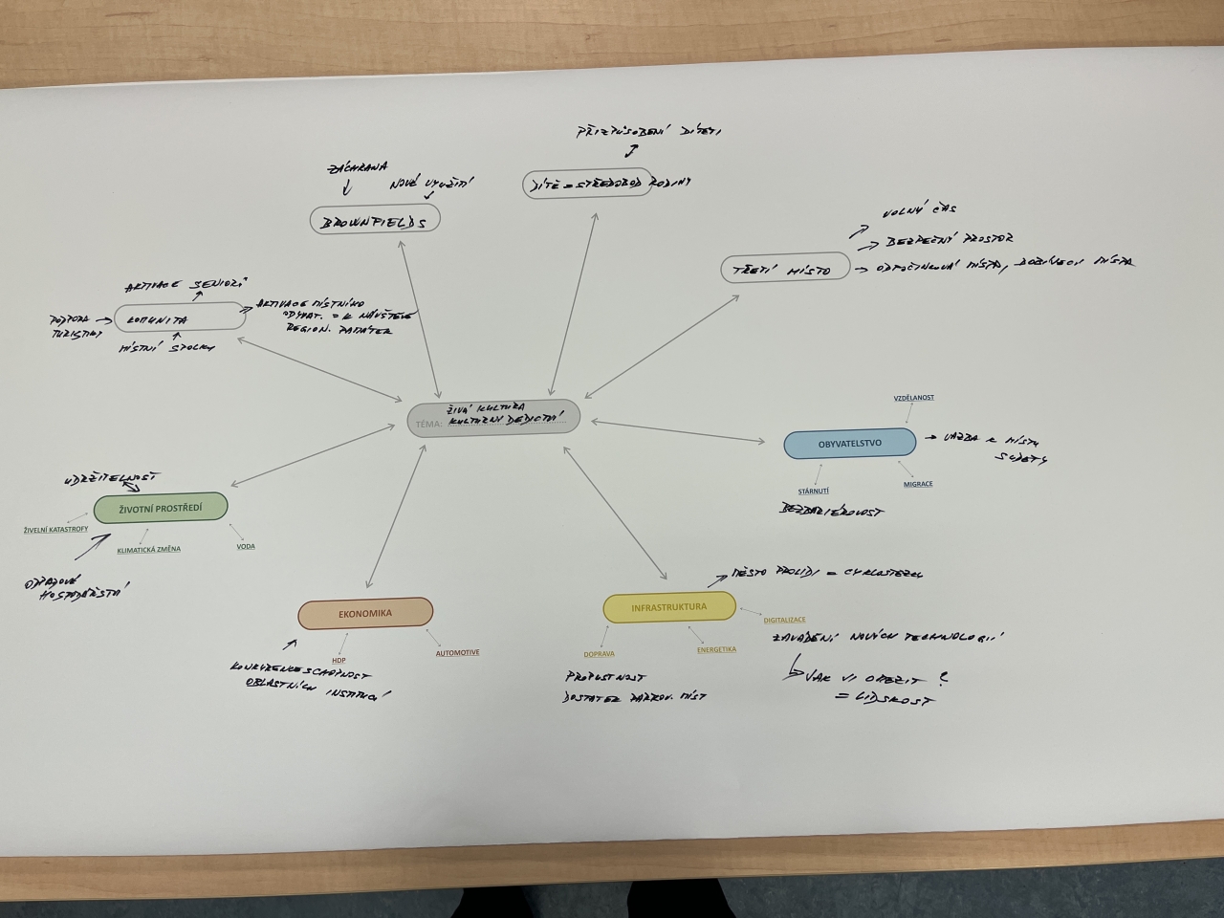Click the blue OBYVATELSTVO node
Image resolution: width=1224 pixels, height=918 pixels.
tap(849, 444)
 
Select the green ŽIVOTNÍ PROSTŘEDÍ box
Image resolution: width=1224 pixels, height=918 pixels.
tap(161, 508)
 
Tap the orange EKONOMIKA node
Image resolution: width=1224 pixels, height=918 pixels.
tap(365, 614)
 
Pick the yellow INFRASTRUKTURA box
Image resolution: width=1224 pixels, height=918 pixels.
tap(669, 607)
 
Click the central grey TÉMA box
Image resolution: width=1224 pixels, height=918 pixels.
tap(493, 419)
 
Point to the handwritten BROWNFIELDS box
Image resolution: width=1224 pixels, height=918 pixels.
tap(375, 221)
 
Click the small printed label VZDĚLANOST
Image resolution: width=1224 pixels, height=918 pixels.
tap(914, 398)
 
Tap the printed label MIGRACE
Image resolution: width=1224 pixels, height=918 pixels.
tap(918, 484)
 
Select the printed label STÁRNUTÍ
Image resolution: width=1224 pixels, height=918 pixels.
tap(814, 491)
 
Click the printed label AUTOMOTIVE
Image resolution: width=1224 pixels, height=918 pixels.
tap(457, 653)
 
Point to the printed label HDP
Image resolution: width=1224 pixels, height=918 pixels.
tap(339, 660)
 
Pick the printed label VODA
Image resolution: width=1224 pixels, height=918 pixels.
tap(246, 547)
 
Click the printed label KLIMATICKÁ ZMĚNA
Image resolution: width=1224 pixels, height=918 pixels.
tap(148, 550)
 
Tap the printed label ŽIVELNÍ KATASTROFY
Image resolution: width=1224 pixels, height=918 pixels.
tap(56, 529)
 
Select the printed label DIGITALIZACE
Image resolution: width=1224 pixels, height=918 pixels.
tap(784, 620)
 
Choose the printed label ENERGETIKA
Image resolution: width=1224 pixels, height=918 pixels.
tap(716, 649)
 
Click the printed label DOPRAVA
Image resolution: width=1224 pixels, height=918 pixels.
tap(599, 654)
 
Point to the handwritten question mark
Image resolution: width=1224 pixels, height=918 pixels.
tap(943, 678)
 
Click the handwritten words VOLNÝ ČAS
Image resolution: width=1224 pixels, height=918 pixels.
tap(921, 208)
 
